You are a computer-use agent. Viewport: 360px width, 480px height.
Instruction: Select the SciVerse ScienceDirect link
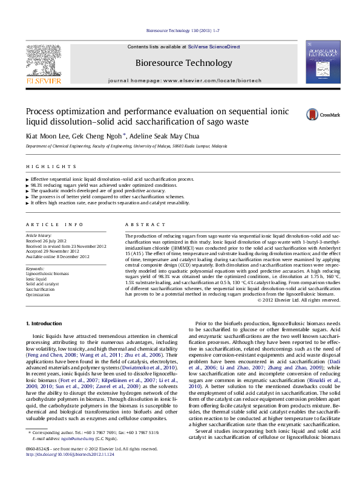tap(214, 47)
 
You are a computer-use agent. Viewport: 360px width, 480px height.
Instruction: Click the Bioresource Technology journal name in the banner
tap(175, 63)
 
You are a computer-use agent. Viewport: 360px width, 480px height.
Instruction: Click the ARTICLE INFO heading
tap(54, 224)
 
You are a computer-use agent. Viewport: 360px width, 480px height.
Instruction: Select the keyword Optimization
tap(38, 295)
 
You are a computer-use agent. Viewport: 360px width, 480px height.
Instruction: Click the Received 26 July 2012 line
tap(45, 241)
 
